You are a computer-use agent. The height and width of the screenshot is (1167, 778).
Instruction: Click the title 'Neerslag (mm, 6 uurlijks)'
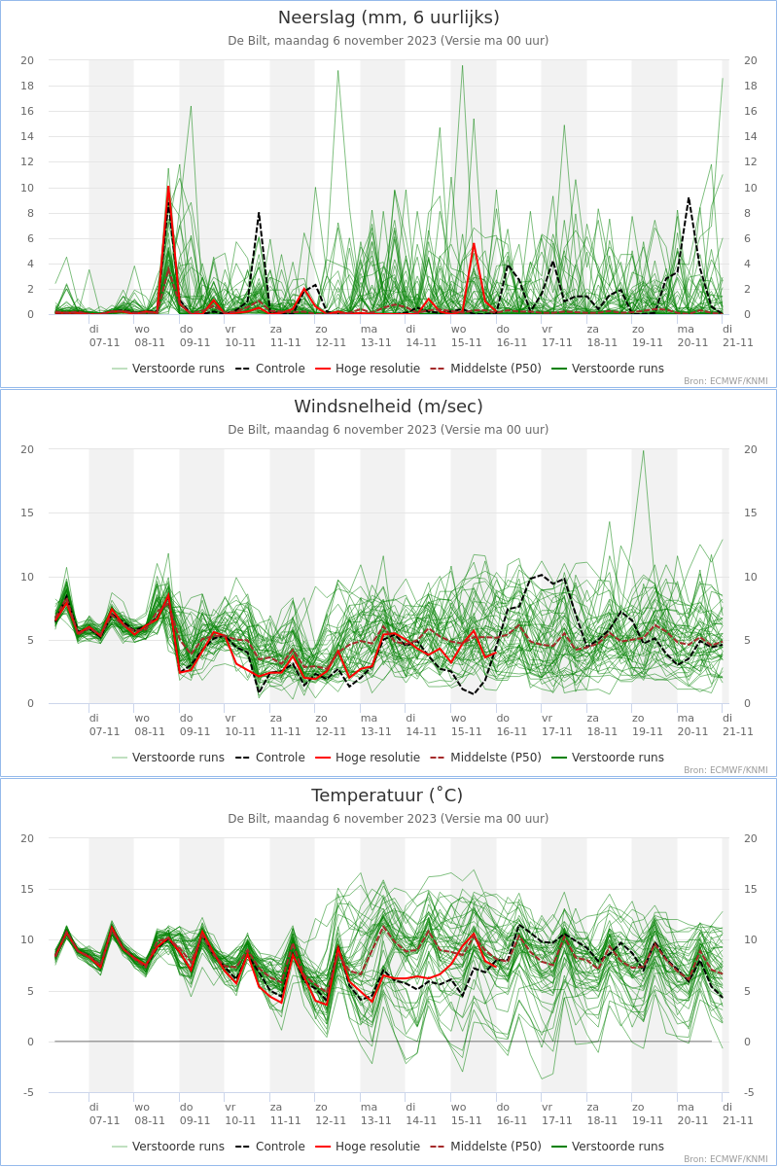[x=388, y=18]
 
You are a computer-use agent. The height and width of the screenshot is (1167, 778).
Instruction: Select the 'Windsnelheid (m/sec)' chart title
[x=388, y=407]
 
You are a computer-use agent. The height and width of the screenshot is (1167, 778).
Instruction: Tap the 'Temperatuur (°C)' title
[x=387, y=796]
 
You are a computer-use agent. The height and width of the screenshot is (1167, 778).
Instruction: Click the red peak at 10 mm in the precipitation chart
[x=168, y=187]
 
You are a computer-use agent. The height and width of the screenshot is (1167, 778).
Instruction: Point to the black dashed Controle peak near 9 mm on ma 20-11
[x=689, y=198]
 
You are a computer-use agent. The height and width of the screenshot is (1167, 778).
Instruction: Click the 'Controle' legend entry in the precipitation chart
[x=270, y=369]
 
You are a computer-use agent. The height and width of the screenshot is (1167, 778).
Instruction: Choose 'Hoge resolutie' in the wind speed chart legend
[x=368, y=758]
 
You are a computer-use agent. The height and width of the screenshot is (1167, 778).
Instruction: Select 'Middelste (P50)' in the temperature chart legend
[x=486, y=1147]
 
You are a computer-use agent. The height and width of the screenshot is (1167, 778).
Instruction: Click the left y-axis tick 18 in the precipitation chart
[x=27, y=86]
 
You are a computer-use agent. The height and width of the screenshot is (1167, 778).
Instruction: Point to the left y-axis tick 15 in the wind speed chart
[x=27, y=513]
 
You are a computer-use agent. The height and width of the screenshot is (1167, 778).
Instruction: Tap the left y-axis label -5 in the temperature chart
[x=28, y=1092]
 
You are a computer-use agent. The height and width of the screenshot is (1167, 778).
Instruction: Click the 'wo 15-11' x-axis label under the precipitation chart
[x=466, y=336]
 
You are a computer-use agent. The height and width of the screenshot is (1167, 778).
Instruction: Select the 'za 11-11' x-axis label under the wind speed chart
[x=285, y=725]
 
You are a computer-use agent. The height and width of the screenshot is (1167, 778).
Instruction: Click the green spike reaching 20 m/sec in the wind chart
[x=644, y=451]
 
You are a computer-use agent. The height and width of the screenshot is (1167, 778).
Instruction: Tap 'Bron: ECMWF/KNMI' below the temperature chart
[x=725, y=1159]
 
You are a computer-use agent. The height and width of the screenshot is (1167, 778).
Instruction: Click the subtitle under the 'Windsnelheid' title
[x=388, y=430]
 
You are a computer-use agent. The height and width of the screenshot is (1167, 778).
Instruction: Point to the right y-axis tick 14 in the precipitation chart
[x=751, y=136]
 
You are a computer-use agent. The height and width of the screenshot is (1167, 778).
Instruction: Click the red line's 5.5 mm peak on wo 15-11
[x=474, y=244]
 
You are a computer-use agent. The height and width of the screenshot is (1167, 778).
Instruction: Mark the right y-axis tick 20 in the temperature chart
[x=751, y=838]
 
